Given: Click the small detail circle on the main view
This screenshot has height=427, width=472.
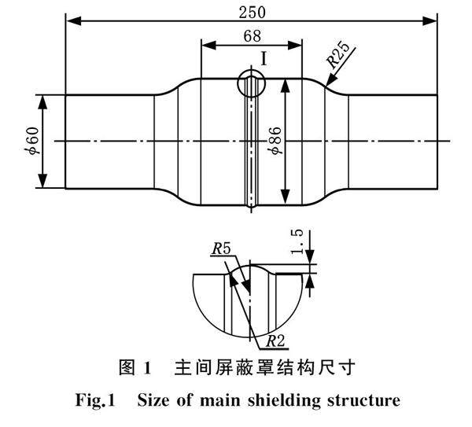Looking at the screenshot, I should pos(251,82).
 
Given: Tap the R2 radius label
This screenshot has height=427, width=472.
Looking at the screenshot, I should pos(276,340).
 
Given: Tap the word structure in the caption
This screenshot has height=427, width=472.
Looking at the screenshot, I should pos(367,401).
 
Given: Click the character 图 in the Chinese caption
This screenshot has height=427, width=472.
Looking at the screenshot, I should pos(127,368).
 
